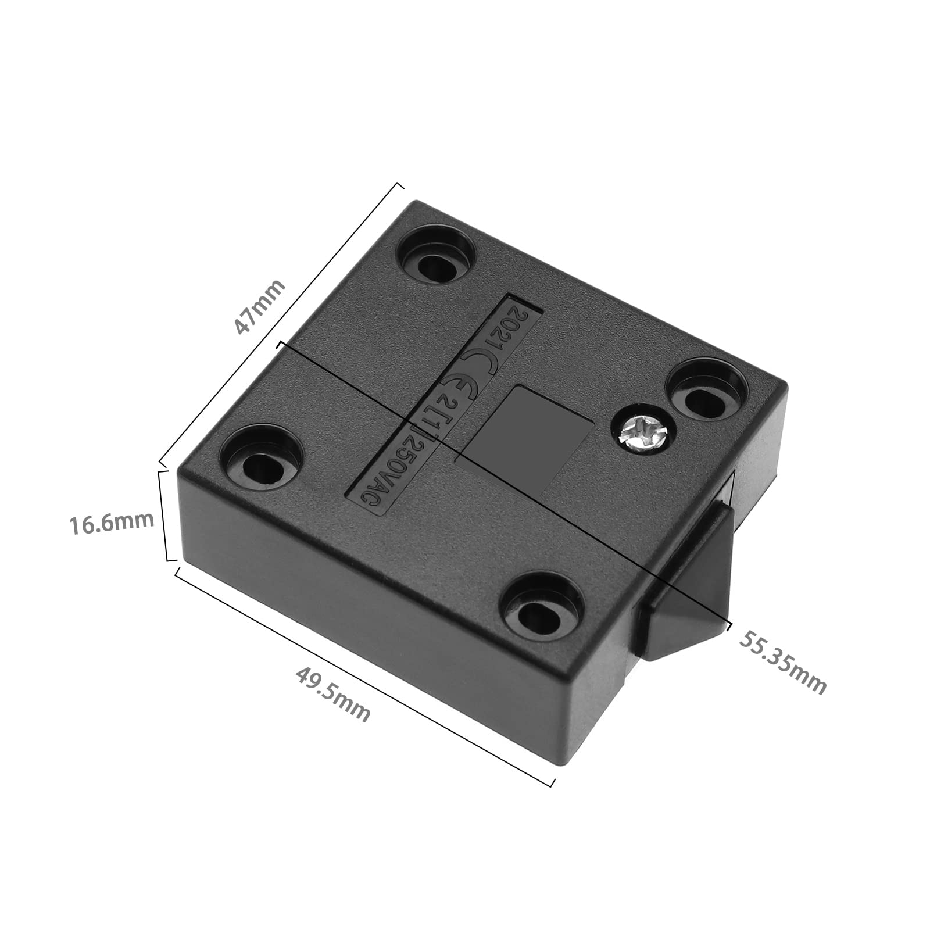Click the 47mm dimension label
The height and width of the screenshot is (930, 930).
(260, 306)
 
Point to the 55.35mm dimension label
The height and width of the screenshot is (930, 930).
(782, 663)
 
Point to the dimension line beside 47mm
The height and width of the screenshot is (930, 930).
(279, 325)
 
